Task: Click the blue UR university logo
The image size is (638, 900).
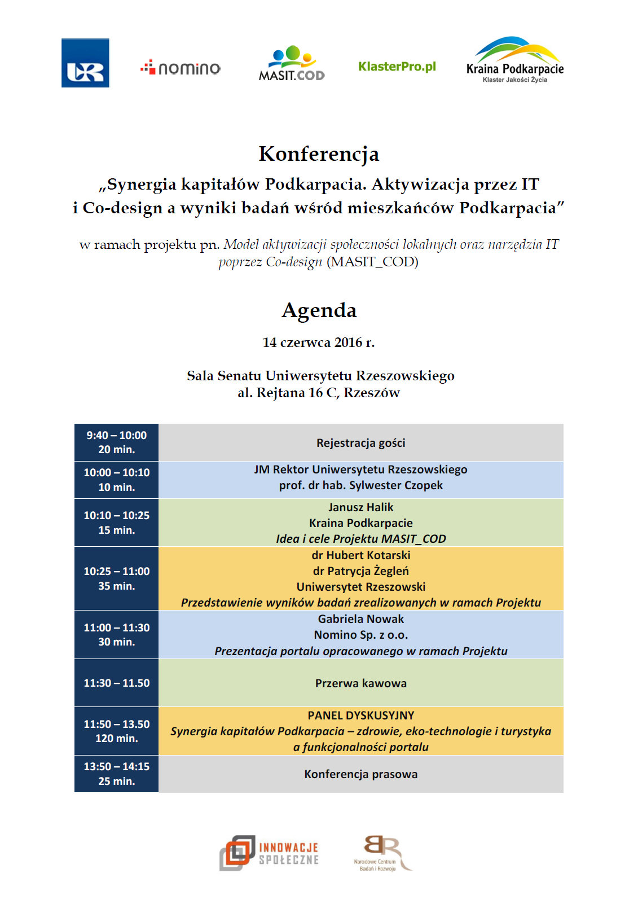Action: coord(85,63)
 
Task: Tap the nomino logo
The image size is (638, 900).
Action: coord(181,68)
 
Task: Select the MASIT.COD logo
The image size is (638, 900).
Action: coord(292,64)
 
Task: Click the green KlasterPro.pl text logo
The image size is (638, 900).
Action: coord(397,67)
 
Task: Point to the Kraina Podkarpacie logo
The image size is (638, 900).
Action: coord(514,60)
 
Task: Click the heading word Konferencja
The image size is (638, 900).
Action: coord(319,153)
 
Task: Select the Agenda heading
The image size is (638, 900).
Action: coord(319,310)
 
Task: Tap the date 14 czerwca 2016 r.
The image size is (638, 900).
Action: coord(318,343)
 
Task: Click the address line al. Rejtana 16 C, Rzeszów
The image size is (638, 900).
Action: coord(318,393)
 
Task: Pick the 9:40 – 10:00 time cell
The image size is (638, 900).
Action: coord(116,442)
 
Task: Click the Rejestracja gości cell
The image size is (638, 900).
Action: coord(360,443)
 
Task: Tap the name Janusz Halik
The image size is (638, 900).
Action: coord(360,507)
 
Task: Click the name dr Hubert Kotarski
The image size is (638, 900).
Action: coord(360,555)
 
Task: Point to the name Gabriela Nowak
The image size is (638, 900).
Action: coord(360,619)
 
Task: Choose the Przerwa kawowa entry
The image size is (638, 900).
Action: coord(360,683)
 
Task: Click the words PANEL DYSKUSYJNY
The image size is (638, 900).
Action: coord(360,715)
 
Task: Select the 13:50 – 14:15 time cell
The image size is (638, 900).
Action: coord(116,774)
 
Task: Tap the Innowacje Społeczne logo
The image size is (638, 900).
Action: coord(269,853)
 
